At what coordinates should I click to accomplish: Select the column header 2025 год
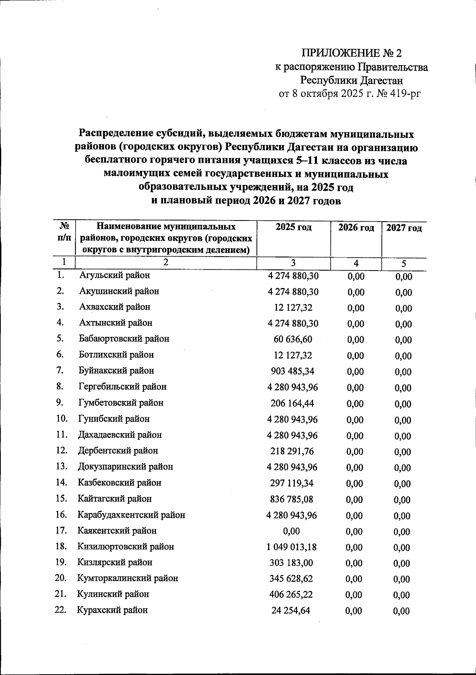pos(294,228)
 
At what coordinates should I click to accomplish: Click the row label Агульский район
pos(115,275)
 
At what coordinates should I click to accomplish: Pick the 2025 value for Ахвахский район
pos(293,308)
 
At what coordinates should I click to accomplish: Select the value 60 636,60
pos(293,339)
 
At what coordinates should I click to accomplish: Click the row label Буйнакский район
pos(116,371)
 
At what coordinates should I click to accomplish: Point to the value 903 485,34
pos(293,371)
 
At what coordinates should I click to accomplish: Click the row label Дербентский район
pos(118,451)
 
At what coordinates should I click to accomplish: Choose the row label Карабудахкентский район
pos(131,515)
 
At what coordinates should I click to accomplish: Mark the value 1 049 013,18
pos(292,547)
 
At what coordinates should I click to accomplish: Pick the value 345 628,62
pos(292,578)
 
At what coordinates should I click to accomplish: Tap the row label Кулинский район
pos(113,594)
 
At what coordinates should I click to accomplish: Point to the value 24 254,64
pos(291,610)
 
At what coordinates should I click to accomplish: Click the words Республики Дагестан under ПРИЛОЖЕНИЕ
pos(351,81)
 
